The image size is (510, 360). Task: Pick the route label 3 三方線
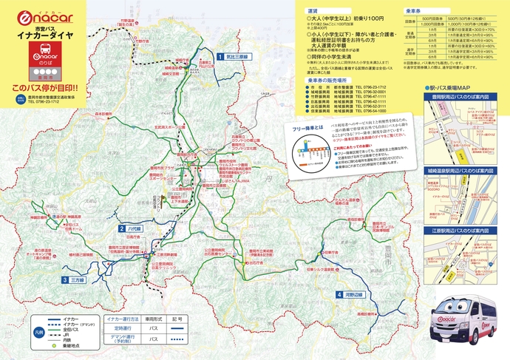[73, 280]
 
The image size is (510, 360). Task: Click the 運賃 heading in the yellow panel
[313, 12]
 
